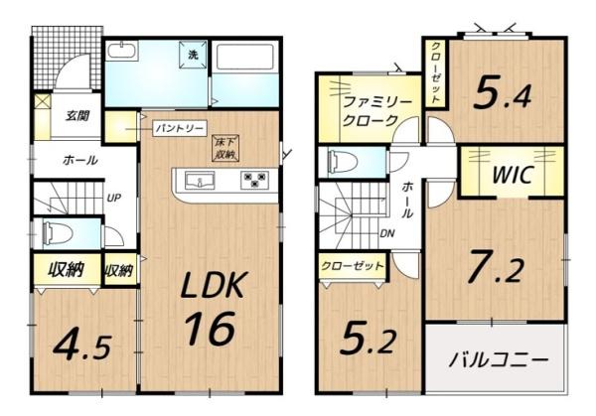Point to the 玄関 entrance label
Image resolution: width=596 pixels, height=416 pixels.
(77, 115)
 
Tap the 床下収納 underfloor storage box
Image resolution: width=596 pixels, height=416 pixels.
(224, 150)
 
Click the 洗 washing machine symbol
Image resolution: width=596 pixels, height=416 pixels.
(194, 55)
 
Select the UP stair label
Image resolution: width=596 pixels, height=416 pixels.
(114, 198)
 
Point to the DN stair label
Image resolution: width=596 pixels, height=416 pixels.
(387, 235)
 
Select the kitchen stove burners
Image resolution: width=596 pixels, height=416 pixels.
(255, 181)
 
